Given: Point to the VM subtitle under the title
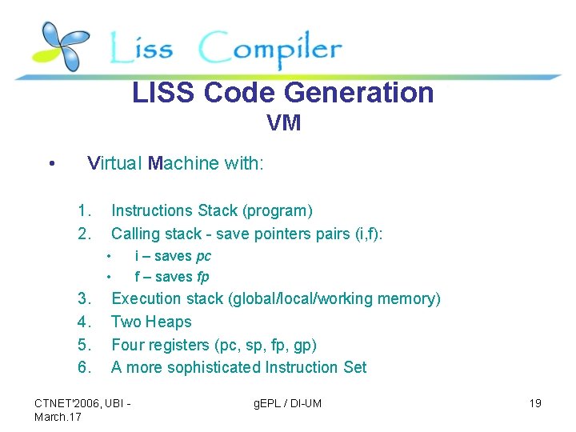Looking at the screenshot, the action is click(284, 124).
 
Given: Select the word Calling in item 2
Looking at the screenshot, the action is click(135, 234).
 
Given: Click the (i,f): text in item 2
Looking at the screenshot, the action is click(368, 234).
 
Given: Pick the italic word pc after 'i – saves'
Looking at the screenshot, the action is click(203, 256).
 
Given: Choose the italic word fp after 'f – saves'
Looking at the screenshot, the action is click(202, 277).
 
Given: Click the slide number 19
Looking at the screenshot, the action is click(535, 403).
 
